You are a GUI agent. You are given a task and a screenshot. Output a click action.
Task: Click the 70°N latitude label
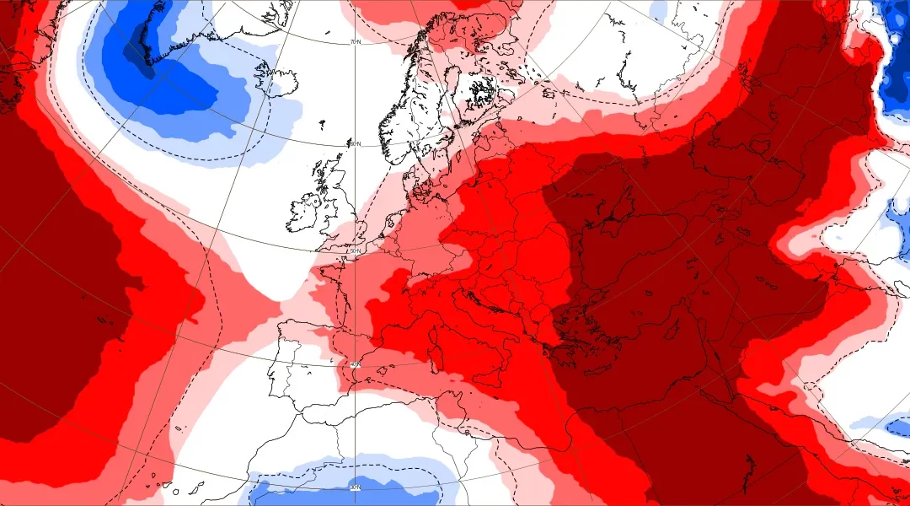coord(356,42)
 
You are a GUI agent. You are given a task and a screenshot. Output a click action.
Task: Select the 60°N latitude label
coord(356,144)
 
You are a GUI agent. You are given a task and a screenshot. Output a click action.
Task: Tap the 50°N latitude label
coord(356,251)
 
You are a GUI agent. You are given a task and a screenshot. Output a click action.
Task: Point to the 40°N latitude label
coord(356,365)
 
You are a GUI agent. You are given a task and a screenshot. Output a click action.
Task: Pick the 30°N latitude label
coord(356,487)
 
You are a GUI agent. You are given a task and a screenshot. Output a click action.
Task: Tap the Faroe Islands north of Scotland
coord(322,126)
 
